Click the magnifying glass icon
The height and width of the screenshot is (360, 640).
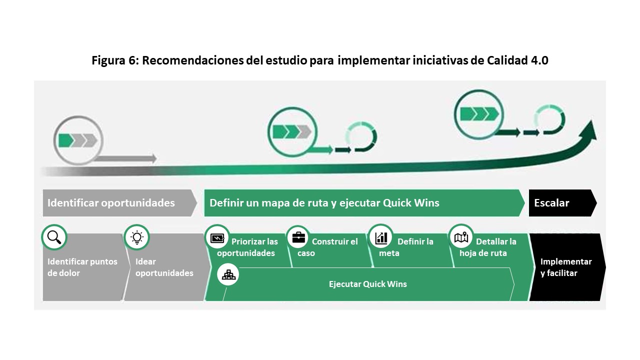tap(54, 237)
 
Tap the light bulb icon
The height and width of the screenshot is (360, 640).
tap(136, 237)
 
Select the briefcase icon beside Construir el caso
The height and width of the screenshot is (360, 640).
tap(298, 237)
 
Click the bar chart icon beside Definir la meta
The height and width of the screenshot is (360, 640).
tap(381, 237)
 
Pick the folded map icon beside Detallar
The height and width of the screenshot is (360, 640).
tap(461, 237)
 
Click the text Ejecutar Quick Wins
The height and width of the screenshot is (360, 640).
tap(367, 284)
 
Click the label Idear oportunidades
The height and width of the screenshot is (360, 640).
tap(164, 267)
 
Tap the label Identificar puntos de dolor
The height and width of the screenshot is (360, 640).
tap(82, 267)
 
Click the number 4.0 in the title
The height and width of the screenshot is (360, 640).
tap(537, 60)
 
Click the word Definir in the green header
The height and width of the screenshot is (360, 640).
tap(226, 203)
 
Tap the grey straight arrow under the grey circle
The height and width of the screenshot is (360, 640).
tap(125, 159)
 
